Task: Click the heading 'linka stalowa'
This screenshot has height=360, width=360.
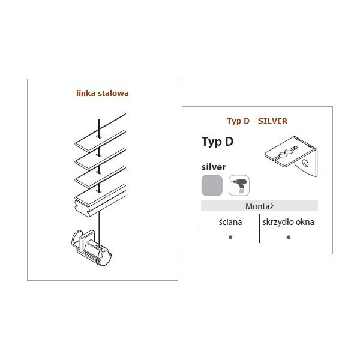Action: [103, 93]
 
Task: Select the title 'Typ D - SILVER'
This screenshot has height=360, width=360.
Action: [257, 121]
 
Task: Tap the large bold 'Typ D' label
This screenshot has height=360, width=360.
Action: [217, 142]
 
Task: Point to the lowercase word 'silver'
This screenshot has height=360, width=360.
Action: [214, 167]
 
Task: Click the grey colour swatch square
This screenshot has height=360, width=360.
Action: [212, 185]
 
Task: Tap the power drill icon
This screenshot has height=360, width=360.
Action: [239, 185]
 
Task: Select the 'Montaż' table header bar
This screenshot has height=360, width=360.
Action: [259, 206]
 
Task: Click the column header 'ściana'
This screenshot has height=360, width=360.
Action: [230, 222]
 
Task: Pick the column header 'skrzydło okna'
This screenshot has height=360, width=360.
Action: [289, 222]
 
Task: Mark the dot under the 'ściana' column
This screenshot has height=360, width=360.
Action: [230, 237]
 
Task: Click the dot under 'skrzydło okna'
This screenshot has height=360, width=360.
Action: [289, 237]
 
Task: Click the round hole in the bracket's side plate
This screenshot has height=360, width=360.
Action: [305, 163]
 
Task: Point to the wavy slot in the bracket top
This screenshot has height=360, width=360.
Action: [289, 152]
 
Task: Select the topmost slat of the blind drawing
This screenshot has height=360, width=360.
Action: [100, 133]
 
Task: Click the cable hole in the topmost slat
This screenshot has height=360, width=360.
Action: [99, 137]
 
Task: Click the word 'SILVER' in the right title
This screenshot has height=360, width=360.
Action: [272, 121]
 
